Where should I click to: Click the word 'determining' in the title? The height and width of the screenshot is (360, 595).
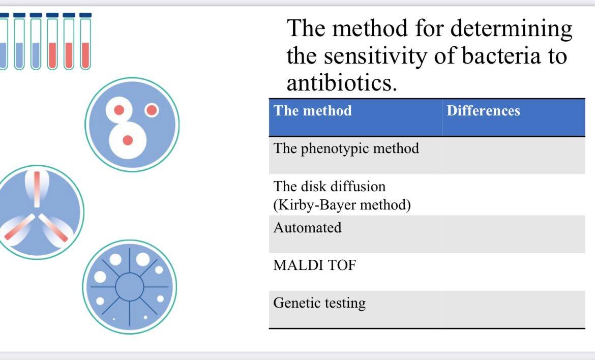click(x=512, y=28)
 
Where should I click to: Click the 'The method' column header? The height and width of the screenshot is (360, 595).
click(x=312, y=111)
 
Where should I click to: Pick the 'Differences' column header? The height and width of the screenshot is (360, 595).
click(x=483, y=111)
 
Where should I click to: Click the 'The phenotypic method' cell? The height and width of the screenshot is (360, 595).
click(x=346, y=148)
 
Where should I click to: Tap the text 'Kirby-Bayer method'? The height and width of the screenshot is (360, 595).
click(x=342, y=205)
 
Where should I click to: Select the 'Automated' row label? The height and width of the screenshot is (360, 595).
click(x=307, y=228)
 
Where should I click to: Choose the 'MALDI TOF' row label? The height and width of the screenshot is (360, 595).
click(x=314, y=265)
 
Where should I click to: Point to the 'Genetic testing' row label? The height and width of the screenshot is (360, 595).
click(x=319, y=303)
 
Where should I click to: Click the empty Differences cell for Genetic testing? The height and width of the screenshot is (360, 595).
click(x=513, y=309)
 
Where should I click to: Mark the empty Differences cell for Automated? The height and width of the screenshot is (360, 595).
click(x=513, y=234)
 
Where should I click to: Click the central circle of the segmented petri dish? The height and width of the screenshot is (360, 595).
click(x=130, y=287)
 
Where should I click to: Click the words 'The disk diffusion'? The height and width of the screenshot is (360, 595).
click(x=330, y=187)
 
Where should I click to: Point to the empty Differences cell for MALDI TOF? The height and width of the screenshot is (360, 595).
click(x=513, y=272)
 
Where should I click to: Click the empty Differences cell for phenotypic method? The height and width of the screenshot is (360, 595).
click(x=513, y=155)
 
